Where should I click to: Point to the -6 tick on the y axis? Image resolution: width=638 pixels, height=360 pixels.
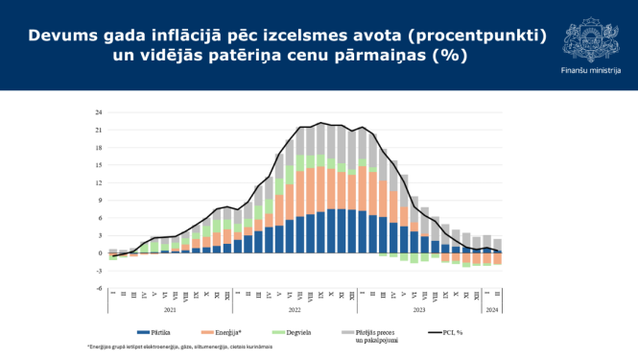[x=99, y=288]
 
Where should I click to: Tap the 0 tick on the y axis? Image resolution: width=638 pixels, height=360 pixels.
[x=100, y=252]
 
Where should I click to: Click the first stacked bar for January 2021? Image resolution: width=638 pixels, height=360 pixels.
[x=112, y=254]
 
